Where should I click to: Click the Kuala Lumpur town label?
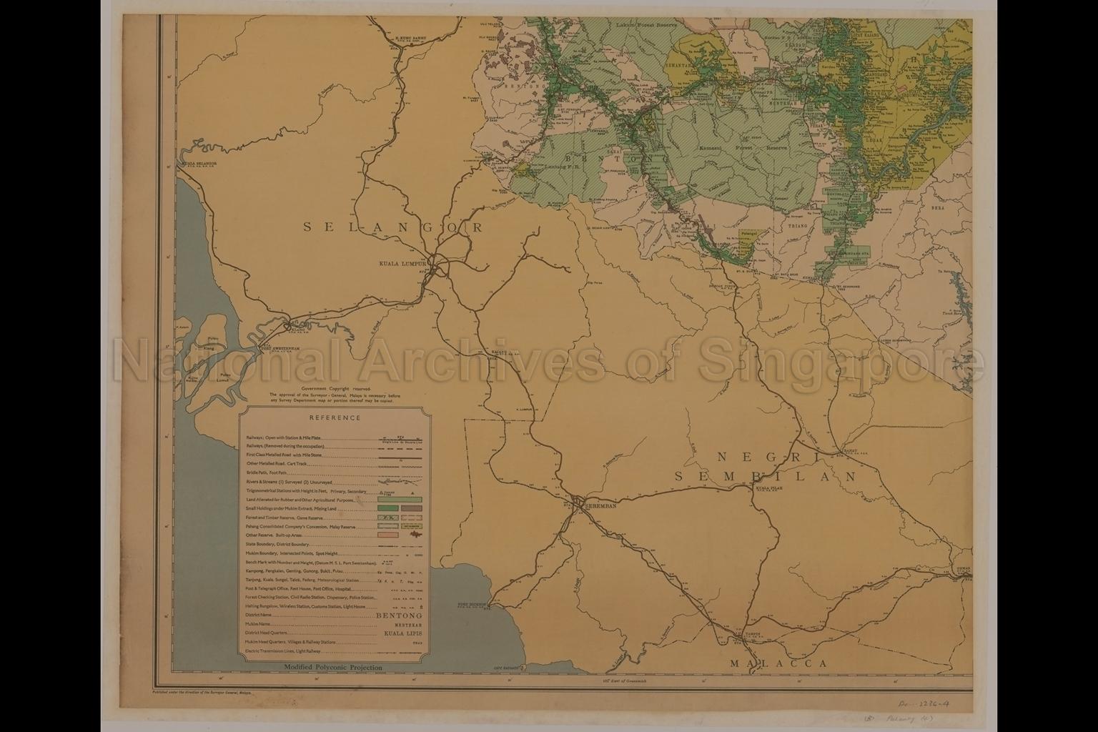[x=402, y=263]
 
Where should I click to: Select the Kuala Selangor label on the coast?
[x=200, y=164]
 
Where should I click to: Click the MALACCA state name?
[x=778, y=663]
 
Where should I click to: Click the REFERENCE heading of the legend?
[x=335, y=418]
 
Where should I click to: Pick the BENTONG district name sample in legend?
[x=398, y=615]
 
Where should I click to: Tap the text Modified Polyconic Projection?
[x=333, y=668]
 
